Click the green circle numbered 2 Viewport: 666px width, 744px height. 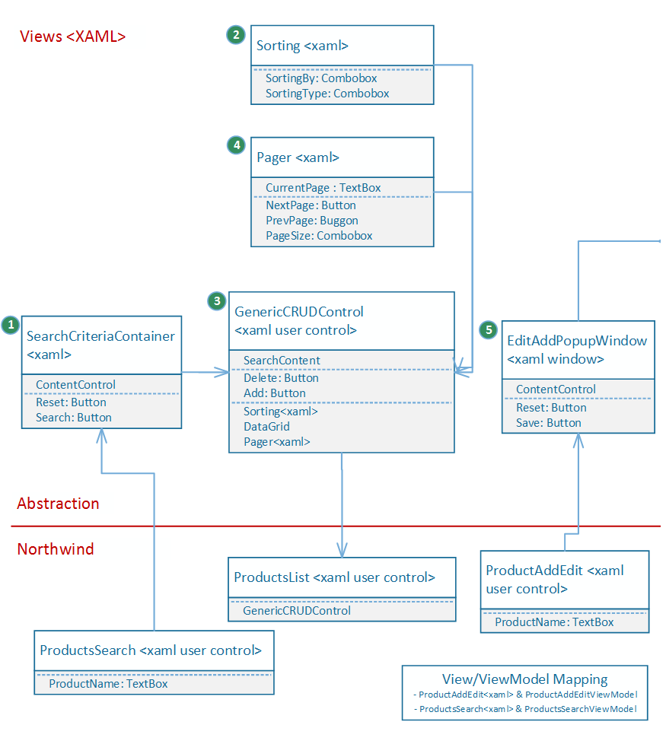[236, 35]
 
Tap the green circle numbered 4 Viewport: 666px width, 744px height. [237, 145]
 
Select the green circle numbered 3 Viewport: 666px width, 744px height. [217, 300]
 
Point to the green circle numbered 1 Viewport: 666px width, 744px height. [11, 325]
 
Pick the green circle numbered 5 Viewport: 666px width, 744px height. [489, 329]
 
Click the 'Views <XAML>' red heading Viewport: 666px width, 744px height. [72, 37]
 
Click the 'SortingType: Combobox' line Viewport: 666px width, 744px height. [327, 94]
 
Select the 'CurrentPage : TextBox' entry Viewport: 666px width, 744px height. [323, 188]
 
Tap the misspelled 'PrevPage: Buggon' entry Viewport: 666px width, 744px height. [312, 221]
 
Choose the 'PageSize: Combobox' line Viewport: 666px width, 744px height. [319, 236]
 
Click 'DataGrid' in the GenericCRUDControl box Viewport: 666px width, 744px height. [266, 427]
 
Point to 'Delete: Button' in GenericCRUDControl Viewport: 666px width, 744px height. [281, 378]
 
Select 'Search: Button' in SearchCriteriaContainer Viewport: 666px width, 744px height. [74, 418]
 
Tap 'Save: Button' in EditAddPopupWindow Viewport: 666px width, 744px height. [548, 423]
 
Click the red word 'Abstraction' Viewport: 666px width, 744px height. [58, 504]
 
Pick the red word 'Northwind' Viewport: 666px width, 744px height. [56, 549]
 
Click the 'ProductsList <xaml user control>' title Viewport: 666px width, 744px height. [334, 577]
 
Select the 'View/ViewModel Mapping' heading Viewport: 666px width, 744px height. [524, 679]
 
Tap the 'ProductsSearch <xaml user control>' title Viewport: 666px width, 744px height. [151, 650]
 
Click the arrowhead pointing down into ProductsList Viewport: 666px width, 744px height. [342, 551]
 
